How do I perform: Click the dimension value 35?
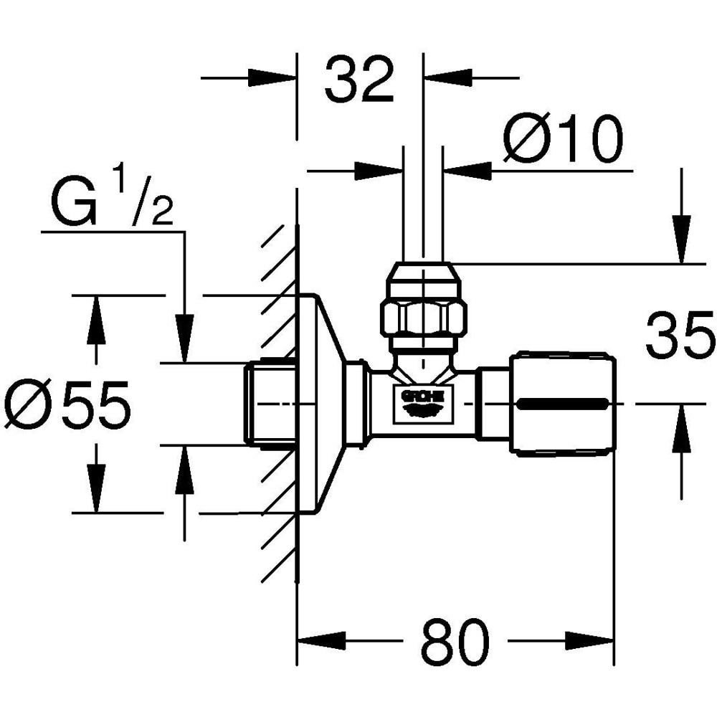[x=680, y=335]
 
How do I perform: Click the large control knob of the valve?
[x=562, y=404]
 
